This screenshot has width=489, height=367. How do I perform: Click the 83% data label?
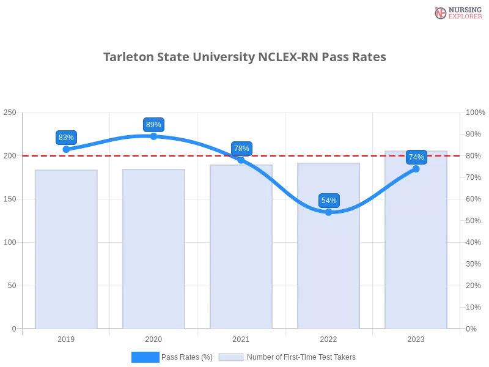point(66,138)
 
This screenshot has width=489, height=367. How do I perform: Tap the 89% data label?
point(153,125)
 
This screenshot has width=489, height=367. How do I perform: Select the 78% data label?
point(241,149)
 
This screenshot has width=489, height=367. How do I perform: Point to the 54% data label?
point(329,201)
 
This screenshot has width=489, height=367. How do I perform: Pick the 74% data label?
point(416,157)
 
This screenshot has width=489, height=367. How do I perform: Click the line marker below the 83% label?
point(66,149)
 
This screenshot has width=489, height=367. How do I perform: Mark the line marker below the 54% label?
point(329,212)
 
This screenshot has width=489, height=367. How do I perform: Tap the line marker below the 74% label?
point(416,169)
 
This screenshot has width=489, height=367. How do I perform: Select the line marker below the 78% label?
point(241,160)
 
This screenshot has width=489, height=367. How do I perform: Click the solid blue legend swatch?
point(145,357)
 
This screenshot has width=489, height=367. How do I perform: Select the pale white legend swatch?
point(231,357)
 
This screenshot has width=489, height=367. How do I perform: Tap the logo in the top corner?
point(457,12)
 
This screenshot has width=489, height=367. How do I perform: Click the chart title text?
point(244,57)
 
